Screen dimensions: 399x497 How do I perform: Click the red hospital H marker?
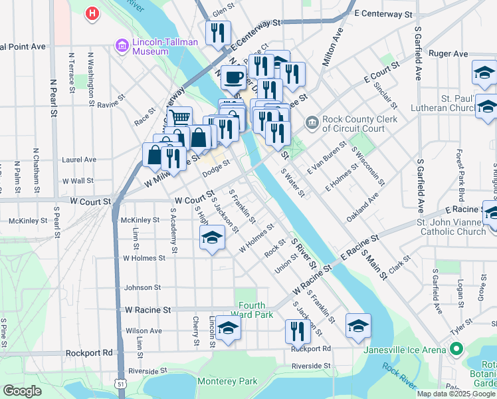[92, 13]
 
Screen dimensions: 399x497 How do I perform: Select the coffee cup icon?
[233, 78]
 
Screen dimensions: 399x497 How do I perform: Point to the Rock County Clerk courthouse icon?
[312, 123]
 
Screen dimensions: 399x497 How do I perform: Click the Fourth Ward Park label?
[255, 310]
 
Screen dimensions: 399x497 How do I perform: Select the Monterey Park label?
[227, 382]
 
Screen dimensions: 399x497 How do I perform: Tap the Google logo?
[23, 391]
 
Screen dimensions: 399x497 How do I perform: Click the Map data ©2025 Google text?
[456, 394]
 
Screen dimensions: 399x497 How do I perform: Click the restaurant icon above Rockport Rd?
[298, 331]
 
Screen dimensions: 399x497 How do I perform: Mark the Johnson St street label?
[144, 288]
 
